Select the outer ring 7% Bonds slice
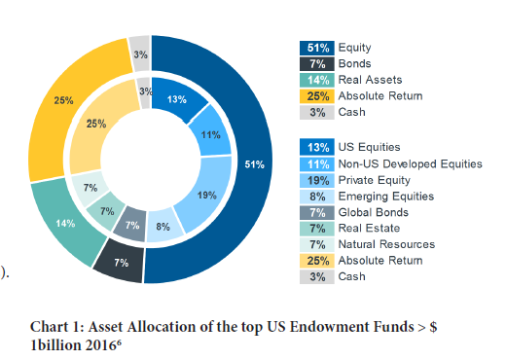pos(122,263)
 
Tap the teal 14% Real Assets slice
pos(65,223)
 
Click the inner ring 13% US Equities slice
pos(177,99)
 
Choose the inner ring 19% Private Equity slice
pos(206,195)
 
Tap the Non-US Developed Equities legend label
pos(409,163)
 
